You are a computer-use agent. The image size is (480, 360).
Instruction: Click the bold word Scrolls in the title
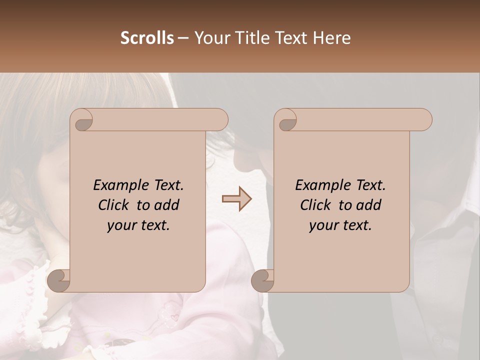click(x=147, y=38)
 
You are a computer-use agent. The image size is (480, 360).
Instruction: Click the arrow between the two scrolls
click(x=237, y=199)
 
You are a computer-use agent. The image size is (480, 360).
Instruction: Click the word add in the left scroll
click(x=167, y=205)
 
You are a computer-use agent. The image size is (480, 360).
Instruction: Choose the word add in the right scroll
click(x=369, y=205)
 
